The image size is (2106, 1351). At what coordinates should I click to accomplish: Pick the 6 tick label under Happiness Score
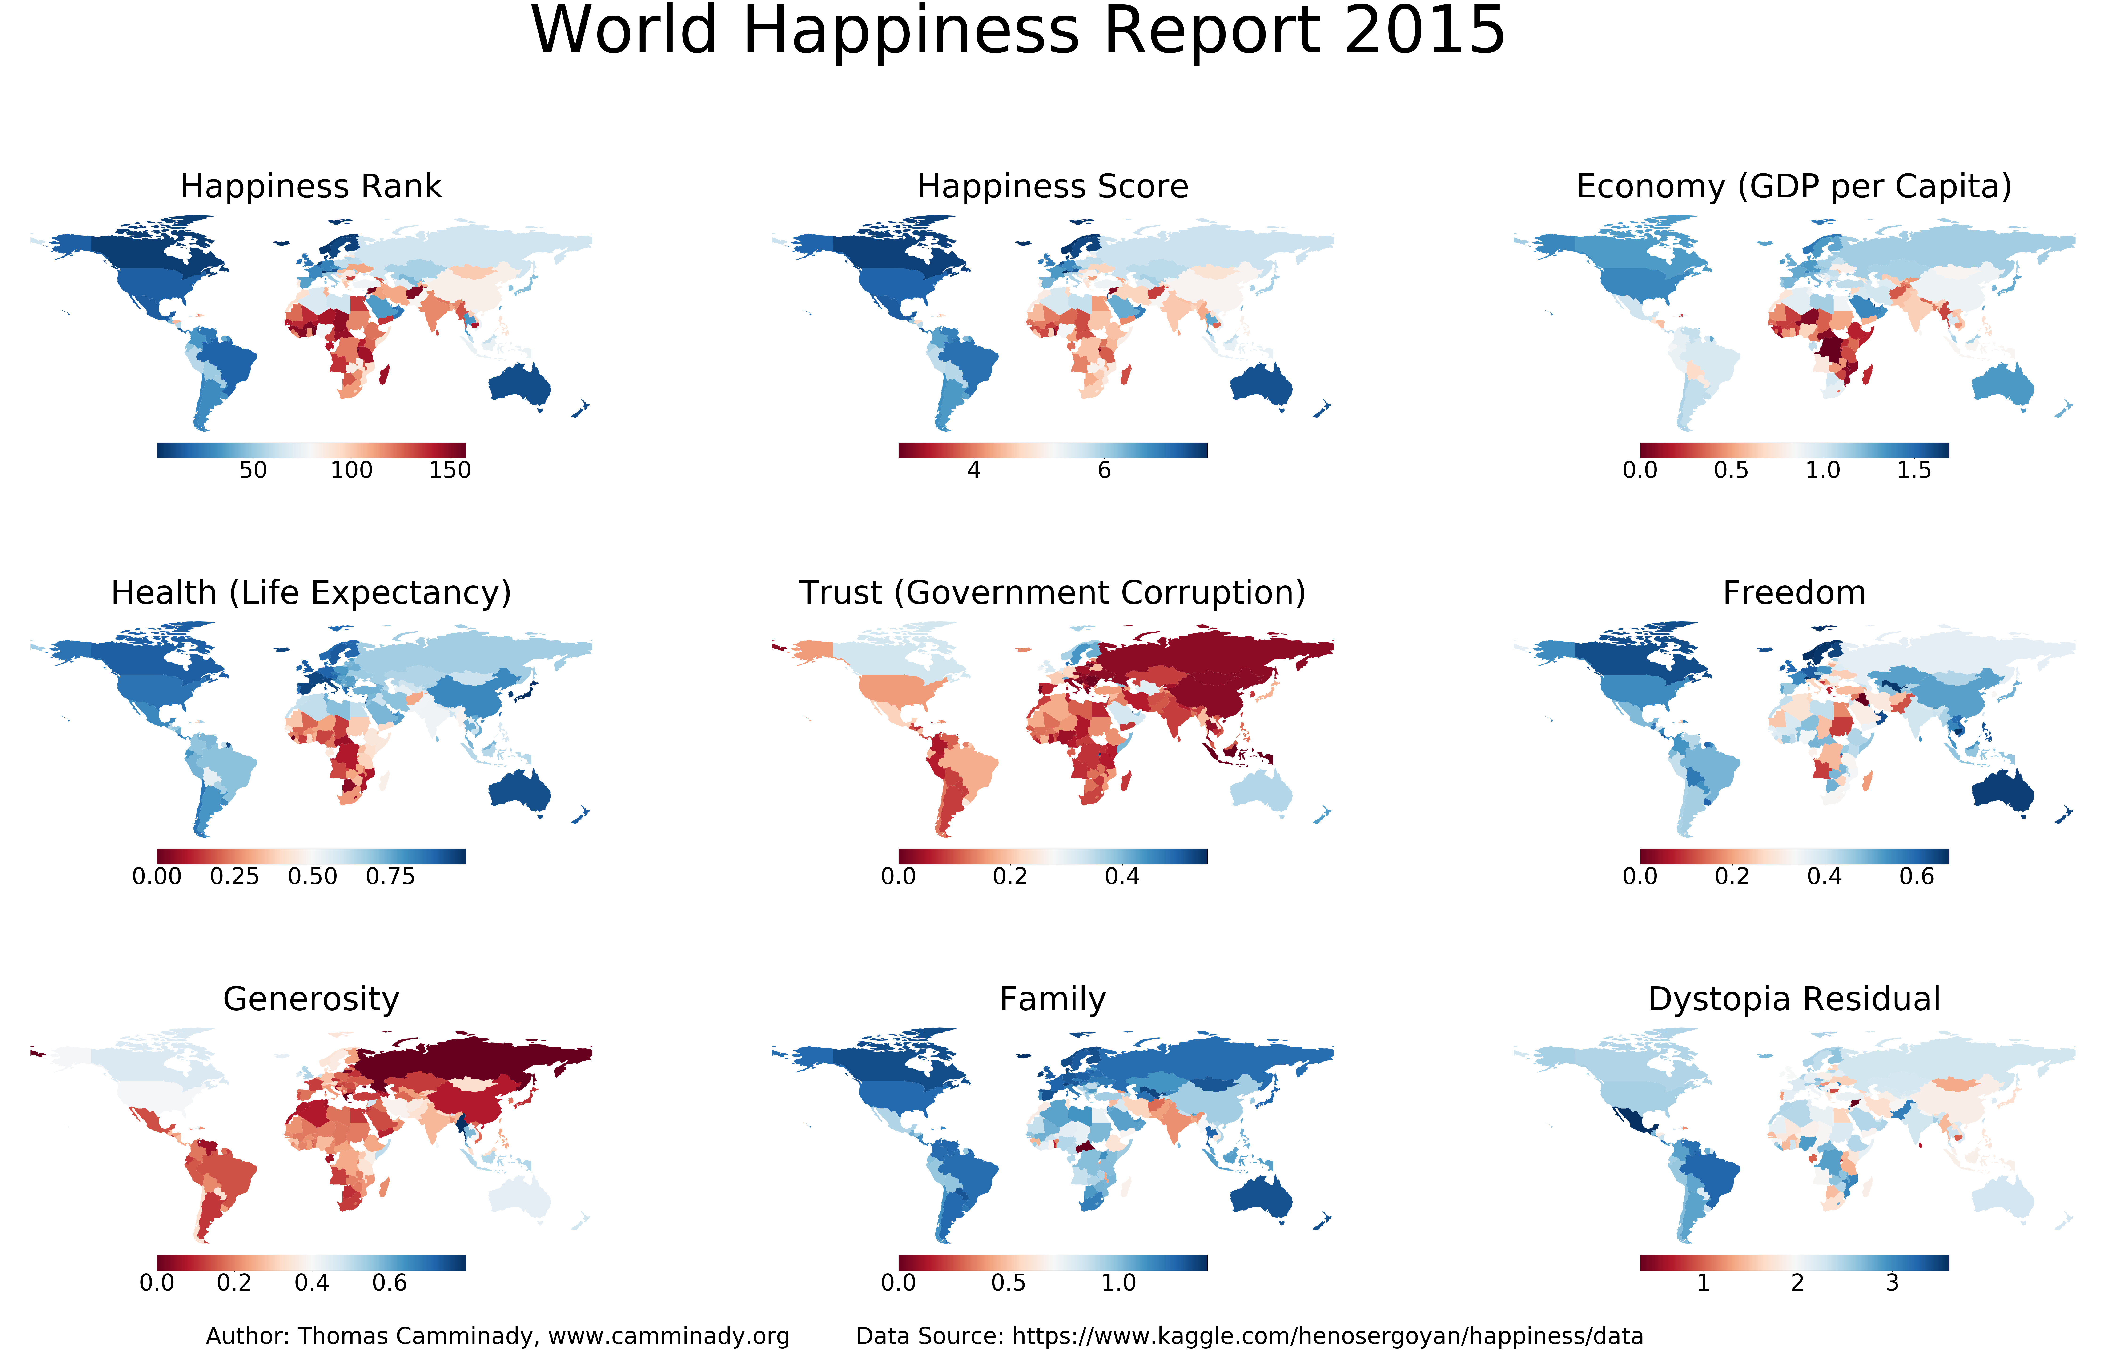pos(1104,470)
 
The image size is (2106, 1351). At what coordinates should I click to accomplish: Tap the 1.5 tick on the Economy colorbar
pos(1914,470)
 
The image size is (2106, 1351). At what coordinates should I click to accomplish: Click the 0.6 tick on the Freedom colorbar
pos(1917,876)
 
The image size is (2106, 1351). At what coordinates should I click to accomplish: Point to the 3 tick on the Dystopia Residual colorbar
pos(1892,1283)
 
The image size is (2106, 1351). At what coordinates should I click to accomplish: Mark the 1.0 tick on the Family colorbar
pos(1119,1283)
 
